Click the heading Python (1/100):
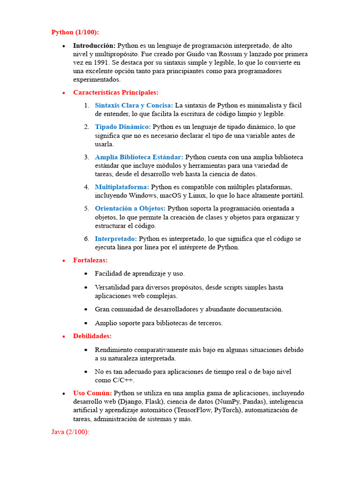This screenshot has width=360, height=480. click(75, 32)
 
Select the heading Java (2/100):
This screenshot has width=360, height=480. click(70, 432)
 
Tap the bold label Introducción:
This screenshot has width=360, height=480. click(94, 45)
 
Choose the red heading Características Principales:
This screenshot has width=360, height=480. click(116, 92)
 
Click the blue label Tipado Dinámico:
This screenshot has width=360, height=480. click(123, 127)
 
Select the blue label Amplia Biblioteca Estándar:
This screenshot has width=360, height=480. click(139, 157)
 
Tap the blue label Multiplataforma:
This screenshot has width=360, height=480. click(122, 187)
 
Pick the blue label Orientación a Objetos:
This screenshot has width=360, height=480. click(130, 208)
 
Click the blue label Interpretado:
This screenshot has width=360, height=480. click(116, 239)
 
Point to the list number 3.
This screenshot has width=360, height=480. click(87, 157)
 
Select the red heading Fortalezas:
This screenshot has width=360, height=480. click(90, 260)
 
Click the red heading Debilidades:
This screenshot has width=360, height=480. click(92, 336)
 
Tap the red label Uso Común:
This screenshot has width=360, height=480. click(92, 393)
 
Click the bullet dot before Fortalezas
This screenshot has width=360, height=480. click(64, 261)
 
